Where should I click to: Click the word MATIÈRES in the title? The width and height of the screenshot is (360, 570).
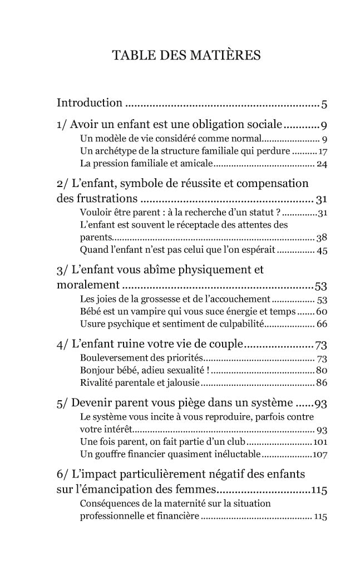pyautogui.click(x=225, y=56)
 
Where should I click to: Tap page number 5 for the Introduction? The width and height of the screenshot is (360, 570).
pyautogui.click(x=324, y=104)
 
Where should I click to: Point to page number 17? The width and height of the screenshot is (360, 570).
pyautogui.click(x=322, y=151)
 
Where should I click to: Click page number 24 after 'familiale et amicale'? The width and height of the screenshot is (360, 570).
pyautogui.click(x=322, y=164)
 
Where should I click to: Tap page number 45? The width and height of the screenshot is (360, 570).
pyautogui.click(x=322, y=250)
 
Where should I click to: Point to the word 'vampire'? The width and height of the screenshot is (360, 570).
pyautogui.click(x=146, y=311)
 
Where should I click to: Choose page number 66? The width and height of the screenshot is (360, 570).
pyautogui.click(x=322, y=323)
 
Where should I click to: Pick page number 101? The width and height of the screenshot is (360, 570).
pyautogui.click(x=320, y=442)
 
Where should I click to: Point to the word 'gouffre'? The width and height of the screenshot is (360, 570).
pyautogui.click(x=107, y=454)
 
